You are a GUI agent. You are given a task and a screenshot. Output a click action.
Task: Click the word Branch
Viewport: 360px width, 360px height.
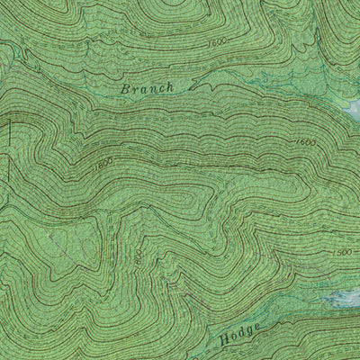point(146,88)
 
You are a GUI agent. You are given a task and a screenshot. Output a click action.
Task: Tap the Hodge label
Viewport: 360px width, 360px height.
point(240,337)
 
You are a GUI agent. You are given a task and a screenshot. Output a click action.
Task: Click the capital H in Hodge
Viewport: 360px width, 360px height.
point(223,342)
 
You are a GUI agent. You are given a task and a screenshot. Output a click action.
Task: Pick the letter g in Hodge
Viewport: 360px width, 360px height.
point(249,337)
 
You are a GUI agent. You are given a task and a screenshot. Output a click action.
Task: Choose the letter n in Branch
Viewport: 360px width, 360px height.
point(150,89)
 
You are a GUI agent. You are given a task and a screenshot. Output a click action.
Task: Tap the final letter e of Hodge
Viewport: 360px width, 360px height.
point(258,332)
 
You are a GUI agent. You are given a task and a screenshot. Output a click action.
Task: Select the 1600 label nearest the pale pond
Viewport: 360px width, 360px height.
point(305,142)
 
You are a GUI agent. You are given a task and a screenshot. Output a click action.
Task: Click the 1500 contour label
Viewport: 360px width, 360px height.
point(341,253)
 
